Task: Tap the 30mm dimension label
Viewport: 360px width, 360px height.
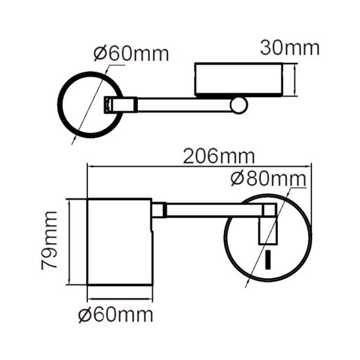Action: pyautogui.click(x=289, y=48)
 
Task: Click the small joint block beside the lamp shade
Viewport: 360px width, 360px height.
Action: pyautogui.click(x=158, y=210)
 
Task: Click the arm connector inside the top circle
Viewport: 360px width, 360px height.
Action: pyautogui.click(x=110, y=104)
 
